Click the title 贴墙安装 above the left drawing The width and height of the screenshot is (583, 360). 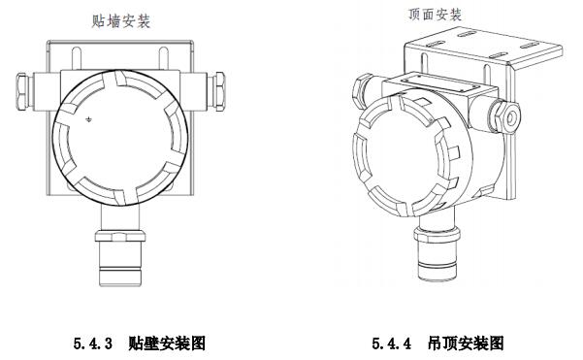tap(121, 21)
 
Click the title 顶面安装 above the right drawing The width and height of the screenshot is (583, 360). tap(435, 15)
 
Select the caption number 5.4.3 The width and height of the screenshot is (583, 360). tap(92, 343)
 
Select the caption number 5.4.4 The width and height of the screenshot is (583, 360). tap(392, 343)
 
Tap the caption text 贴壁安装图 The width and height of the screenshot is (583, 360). tap(167, 343)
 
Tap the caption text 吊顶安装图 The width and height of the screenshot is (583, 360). tap(466, 343)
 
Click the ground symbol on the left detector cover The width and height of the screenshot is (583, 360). tap(89, 119)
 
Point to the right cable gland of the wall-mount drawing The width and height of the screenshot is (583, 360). tap(216, 91)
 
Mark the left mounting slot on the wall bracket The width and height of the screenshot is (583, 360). tap(77, 58)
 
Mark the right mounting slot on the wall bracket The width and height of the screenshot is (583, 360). tap(164, 58)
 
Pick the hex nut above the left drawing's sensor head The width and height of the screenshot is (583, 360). tap(120, 236)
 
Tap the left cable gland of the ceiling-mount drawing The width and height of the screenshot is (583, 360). tap(362, 90)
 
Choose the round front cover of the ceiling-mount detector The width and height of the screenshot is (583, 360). tap(404, 155)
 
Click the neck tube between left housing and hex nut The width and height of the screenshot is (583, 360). tap(120, 217)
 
